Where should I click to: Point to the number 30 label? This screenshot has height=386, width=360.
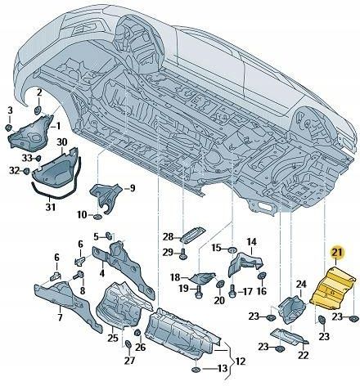pos(62,141)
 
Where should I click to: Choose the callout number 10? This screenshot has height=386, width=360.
pos(82,214)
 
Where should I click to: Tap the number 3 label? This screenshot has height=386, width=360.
pos(10,110)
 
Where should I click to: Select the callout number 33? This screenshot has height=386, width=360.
pos(26,157)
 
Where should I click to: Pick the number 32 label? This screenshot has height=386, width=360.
pos(13,171)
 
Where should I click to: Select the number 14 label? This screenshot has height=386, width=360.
pos(252,242)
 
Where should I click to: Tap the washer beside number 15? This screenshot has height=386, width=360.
pos(232,248)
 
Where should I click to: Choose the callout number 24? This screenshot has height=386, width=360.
pos(301,285)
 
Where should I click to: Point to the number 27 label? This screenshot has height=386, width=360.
pos(128,361)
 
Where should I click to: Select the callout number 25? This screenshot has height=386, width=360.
pos(112,338)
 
